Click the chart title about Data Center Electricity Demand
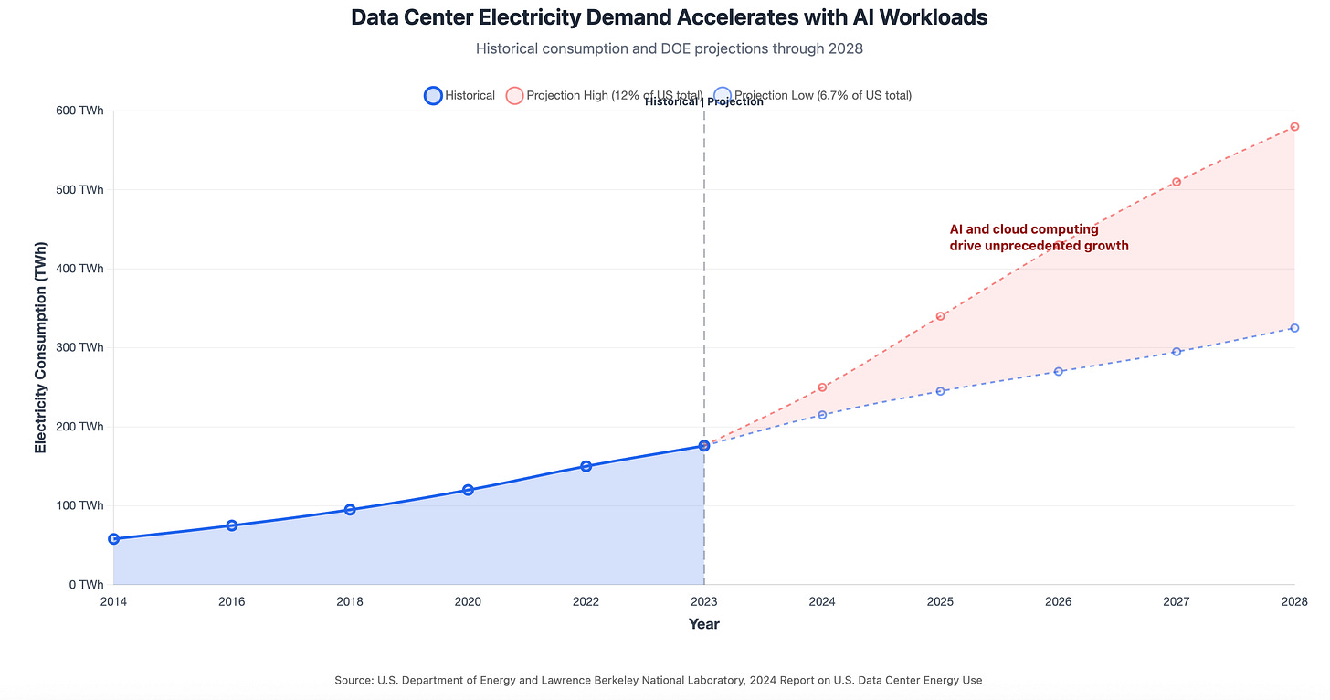(669, 17)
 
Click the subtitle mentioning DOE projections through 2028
(669, 48)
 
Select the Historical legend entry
(459, 95)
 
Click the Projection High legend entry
(604, 95)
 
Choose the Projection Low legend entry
(812, 95)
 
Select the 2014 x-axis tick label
(113, 601)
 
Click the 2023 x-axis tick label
(704, 601)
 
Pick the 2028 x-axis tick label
(1294, 601)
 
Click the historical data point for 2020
(468, 490)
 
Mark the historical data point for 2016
(232, 525)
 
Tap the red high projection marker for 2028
(1294, 127)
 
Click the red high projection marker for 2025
(940, 316)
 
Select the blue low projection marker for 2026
(1059, 371)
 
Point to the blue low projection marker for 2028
(1294, 328)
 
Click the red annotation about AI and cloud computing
(1039, 238)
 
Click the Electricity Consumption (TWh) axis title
(41, 348)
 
